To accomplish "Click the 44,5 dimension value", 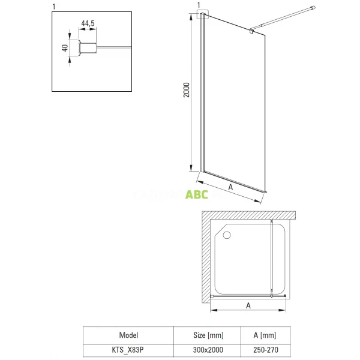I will (88, 24).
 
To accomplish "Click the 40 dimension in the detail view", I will (64, 47).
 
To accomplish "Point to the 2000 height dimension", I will (187, 90).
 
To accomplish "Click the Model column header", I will (128, 335).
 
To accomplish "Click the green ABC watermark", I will (197, 194).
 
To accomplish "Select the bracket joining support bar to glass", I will (253, 29).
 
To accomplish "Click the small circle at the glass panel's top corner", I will (203, 14).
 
